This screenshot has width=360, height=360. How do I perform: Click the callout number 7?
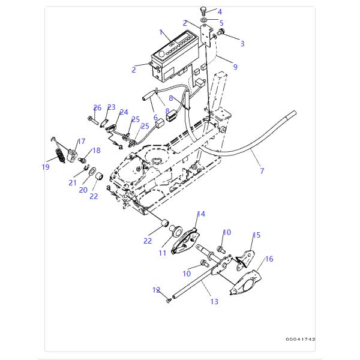click(262, 170)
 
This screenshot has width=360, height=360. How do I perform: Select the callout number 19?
click(46, 167)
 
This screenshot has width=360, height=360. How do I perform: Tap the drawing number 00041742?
click(301, 339)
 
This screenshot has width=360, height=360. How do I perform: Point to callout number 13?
click(214, 301)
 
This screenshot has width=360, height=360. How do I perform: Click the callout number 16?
click(269, 259)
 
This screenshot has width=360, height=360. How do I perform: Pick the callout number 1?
click(161, 32)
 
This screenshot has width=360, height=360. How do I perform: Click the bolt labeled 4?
click(203, 11)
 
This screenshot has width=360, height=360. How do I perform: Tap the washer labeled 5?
click(203, 20)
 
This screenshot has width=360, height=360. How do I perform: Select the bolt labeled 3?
click(221, 32)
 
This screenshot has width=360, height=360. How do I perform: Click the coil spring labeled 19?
click(60, 155)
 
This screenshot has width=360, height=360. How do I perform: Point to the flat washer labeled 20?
click(92, 171)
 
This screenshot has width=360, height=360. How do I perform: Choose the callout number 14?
click(201, 214)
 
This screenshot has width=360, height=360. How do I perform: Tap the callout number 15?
click(256, 235)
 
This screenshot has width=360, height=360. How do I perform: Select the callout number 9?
click(235, 67)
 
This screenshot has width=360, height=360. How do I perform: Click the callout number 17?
click(82, 141)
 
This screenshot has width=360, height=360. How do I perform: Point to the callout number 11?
click(163, 253)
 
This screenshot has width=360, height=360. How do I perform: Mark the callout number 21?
click(73, 182)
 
